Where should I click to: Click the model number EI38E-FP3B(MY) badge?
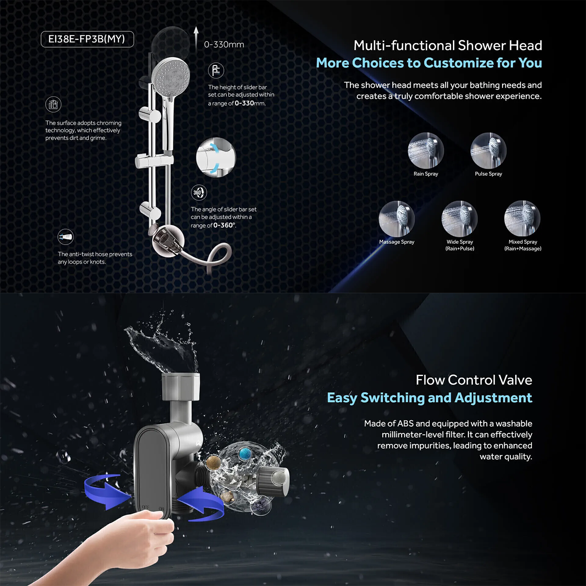(87, 39)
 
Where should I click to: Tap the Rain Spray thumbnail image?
(426, 151)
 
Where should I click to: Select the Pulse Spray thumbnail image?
(488, 151)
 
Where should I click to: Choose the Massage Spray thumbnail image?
(396, 219)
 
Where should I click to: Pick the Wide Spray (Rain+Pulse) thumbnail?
(459, 219)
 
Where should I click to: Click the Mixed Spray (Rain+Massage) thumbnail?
(522, 219)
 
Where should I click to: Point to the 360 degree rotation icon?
(199, 192)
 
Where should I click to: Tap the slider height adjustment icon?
(216, 70)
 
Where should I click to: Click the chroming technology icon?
(53, 105)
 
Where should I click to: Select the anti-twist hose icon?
(66, 237)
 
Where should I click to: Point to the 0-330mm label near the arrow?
(224, 45)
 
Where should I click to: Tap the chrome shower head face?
(171, 74)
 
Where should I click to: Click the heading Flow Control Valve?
(474, 380)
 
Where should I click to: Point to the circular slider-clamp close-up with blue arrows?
(216, 157)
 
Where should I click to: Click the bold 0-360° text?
(224, 225)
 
